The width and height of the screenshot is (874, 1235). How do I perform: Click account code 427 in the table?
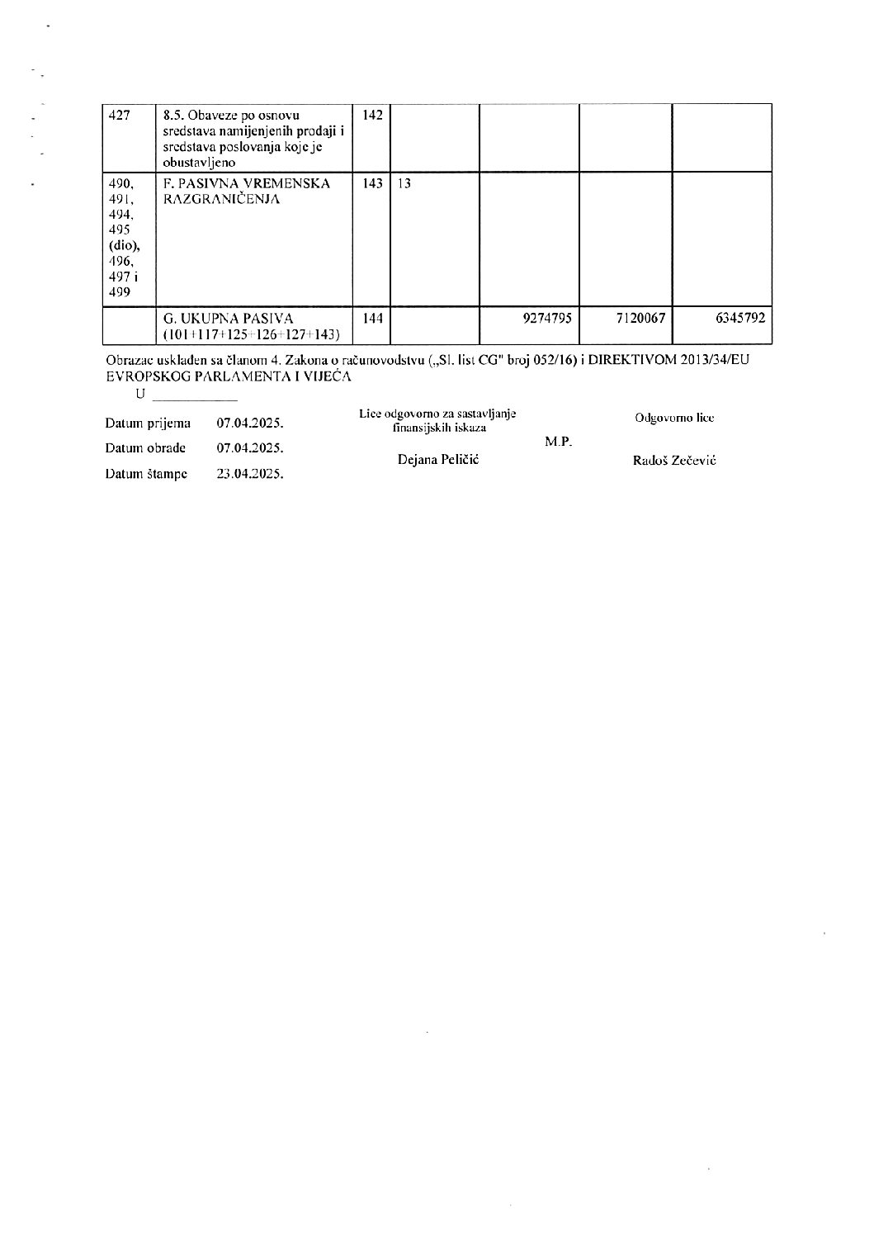[x=120, y=116]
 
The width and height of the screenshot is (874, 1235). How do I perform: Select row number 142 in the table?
[x=372, y=115]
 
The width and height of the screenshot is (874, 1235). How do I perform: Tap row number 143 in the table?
[x=372, y=183]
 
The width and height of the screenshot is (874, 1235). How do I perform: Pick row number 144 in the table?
[x=372, y=318]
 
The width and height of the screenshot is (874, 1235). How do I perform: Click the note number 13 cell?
[x=404, y=183]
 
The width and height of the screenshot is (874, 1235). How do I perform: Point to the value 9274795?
[x=547, y=318]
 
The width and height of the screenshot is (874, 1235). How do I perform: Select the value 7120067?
[x=641, y=318]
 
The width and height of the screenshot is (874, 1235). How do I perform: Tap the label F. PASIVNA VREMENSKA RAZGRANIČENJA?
[x=247, y=191]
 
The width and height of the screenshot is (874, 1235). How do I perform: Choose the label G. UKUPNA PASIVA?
[x=228, y=318]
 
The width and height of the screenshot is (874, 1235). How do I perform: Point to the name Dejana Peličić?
[x=438, y=459]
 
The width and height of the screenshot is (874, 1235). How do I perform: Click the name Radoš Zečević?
[x=673, y=461]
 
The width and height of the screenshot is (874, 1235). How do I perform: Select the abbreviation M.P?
[x=558, y=442]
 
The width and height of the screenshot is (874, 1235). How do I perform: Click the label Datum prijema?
[x=148, y=423]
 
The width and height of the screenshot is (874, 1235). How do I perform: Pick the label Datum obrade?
[x=145, y=448]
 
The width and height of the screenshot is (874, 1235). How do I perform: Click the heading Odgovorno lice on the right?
[x=673, y=418]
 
